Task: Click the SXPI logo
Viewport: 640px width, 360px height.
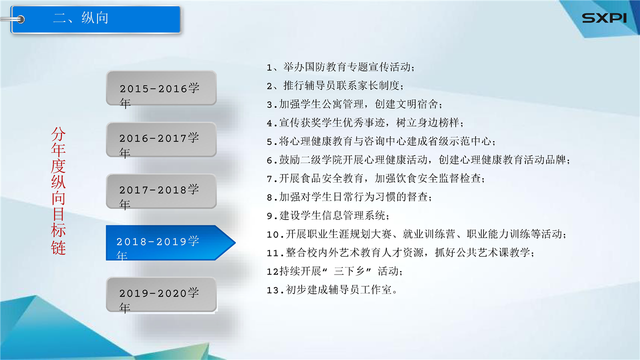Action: (604, 18)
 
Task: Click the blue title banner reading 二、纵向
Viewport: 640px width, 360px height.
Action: (95, 19)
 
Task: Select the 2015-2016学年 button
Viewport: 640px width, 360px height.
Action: (161, 88)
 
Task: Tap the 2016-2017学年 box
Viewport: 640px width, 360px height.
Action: (161, 139)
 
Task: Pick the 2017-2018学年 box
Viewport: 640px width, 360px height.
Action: (161, 191)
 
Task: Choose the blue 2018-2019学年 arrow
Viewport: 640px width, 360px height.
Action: (170, 243)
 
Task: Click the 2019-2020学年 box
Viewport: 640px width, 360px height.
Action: (161, 294)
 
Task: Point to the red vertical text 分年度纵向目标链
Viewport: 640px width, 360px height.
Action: (58, 191)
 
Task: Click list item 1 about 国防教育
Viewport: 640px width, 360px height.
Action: (340, 67)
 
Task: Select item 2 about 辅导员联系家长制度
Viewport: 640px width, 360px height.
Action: (335, 85)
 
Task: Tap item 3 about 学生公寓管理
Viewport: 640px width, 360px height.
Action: (354, 104)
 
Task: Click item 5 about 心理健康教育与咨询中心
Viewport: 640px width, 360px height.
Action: (381, 141)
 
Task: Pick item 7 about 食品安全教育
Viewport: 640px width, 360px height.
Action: (375, 178)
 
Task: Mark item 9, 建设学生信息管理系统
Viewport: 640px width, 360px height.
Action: (327, 215)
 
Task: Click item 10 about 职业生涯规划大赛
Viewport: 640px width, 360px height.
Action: (416, 234)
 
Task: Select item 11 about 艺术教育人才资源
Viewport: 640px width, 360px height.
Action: (400, 253)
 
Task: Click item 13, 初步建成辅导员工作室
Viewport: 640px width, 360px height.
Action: (331, 290)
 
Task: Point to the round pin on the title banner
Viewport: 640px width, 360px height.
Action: (20, 19)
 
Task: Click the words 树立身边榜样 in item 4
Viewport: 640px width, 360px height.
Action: (427, 123)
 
